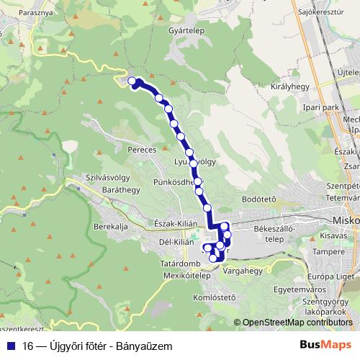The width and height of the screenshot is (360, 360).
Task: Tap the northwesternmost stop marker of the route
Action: click(132, 81)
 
